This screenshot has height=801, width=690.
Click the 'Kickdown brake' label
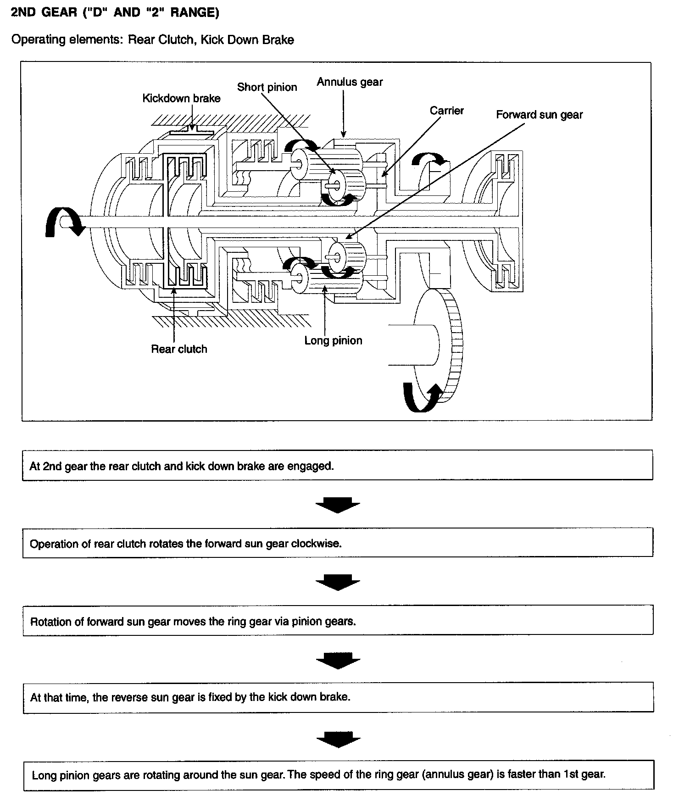click(181, 98)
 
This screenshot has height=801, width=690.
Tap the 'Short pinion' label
click(267, 87)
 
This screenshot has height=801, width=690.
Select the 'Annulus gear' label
click(350, 82)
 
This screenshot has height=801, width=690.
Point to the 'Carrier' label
click(446, 111)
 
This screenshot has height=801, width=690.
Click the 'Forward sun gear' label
click(539, 115)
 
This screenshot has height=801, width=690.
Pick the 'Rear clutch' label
click(179, 349)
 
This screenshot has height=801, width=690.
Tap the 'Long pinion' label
click(333, 340)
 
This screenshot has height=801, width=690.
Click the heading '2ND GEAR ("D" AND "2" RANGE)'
click(115, 12)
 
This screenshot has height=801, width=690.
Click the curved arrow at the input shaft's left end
click(62, 222)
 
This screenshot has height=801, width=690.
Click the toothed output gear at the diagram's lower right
click(452, 344)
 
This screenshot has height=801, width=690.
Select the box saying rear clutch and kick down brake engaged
click(337, 465)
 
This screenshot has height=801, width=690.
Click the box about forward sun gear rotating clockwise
click(337, 543)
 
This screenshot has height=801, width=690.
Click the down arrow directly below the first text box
click(338, 505)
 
